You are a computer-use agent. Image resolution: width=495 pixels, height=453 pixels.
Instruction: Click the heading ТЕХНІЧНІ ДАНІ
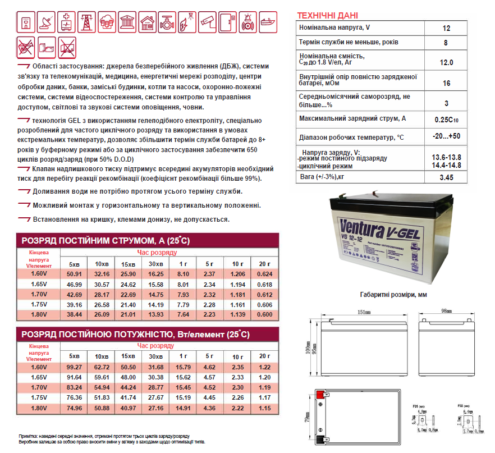[327, 15]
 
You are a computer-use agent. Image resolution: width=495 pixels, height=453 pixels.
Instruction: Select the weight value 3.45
[447, 178]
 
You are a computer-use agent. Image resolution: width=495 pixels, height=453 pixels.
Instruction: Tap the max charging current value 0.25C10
[447, 120]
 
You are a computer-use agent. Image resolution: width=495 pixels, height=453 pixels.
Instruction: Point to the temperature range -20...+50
[447, 137]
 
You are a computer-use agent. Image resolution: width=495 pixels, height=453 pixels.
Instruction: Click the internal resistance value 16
[447, 83]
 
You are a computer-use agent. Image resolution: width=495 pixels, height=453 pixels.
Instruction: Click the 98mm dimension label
[446, 311]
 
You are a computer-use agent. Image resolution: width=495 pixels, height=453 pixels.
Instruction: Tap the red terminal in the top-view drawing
[319, 393]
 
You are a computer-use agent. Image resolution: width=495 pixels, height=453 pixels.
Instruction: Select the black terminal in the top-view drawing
[319, 441]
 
